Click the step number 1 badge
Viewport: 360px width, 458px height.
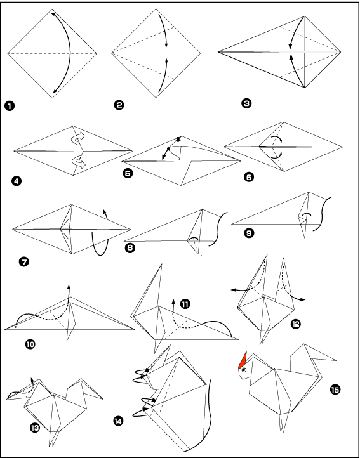point(10,106)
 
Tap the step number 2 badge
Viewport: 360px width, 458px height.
point(119,105)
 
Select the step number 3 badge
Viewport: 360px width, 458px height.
point(246,103)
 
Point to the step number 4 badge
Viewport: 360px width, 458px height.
point(17,181)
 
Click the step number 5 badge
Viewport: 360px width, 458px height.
point(128,173)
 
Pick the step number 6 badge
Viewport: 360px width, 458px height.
point(249,177)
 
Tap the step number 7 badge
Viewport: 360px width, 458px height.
point(24,262)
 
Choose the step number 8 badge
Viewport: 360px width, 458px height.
point(130,248)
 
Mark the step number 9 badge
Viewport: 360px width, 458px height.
point(250,233)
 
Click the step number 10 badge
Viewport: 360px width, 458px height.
point(30,344)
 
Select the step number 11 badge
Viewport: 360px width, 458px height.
point(185,304)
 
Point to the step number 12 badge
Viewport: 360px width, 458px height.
point(296,324)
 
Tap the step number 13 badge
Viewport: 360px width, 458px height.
point(35,428)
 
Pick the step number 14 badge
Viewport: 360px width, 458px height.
point(118,421)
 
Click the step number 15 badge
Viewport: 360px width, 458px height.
point(335,389)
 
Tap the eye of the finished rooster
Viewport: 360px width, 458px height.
point(244,370)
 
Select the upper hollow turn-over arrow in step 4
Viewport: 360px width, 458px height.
point(78,138)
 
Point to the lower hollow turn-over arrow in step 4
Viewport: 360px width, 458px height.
point(78,162)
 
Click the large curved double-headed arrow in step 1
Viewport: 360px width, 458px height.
point(70,53)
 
